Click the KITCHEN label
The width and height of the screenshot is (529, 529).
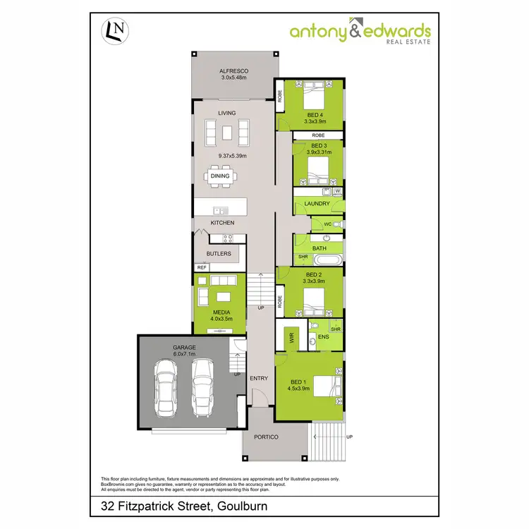(222, 223)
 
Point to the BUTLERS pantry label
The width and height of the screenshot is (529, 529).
(219, 253)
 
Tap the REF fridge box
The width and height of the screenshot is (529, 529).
(202, 267)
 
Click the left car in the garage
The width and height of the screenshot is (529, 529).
(167, 389)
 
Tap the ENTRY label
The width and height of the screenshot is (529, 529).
(259, 379)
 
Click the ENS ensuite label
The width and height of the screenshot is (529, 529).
(324, 337)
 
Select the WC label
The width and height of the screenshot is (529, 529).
(328, 224)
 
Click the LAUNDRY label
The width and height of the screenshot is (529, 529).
(317, 204)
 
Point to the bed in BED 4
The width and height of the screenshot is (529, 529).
(315, 92)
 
